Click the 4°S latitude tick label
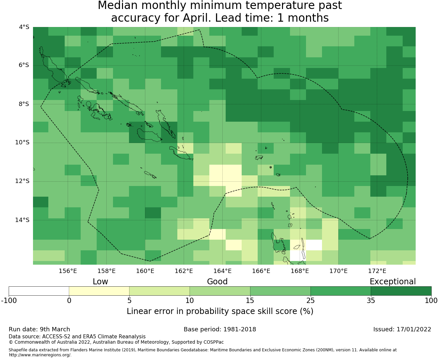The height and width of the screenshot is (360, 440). (24, 27)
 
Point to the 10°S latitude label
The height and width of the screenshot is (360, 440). (22, 143)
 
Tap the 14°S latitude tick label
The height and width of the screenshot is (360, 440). (22, 220)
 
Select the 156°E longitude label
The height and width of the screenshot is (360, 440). (68, 271)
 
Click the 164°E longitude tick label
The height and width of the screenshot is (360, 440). (222, 271)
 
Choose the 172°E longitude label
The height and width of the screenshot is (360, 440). (377, 271)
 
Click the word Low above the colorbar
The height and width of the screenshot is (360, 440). (100, 282)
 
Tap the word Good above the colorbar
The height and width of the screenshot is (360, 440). (217, 282)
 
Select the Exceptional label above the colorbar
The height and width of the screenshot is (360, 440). (393, 282)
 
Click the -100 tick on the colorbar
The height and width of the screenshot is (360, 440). (9, 301)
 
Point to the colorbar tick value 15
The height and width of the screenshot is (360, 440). (250, 301)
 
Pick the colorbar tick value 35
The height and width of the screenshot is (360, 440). (371, 301)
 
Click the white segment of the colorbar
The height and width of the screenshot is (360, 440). (39, 291)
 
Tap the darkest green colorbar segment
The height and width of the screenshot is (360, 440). (401, 291)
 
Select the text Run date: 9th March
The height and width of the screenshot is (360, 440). (39, 329)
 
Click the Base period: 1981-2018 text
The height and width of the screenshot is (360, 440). (220, 329)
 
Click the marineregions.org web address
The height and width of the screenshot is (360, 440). (40, 355)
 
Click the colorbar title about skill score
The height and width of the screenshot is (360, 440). (220, 311)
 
